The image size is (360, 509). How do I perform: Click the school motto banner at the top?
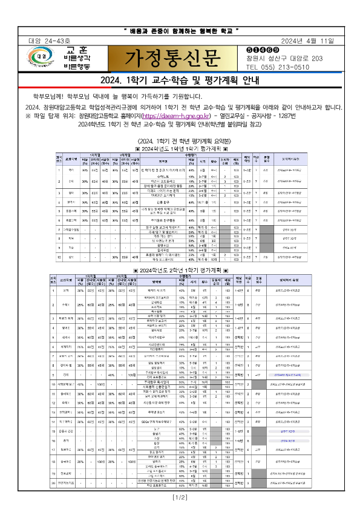coord(182,30)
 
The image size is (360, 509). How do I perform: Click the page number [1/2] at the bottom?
coord(180,497)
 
